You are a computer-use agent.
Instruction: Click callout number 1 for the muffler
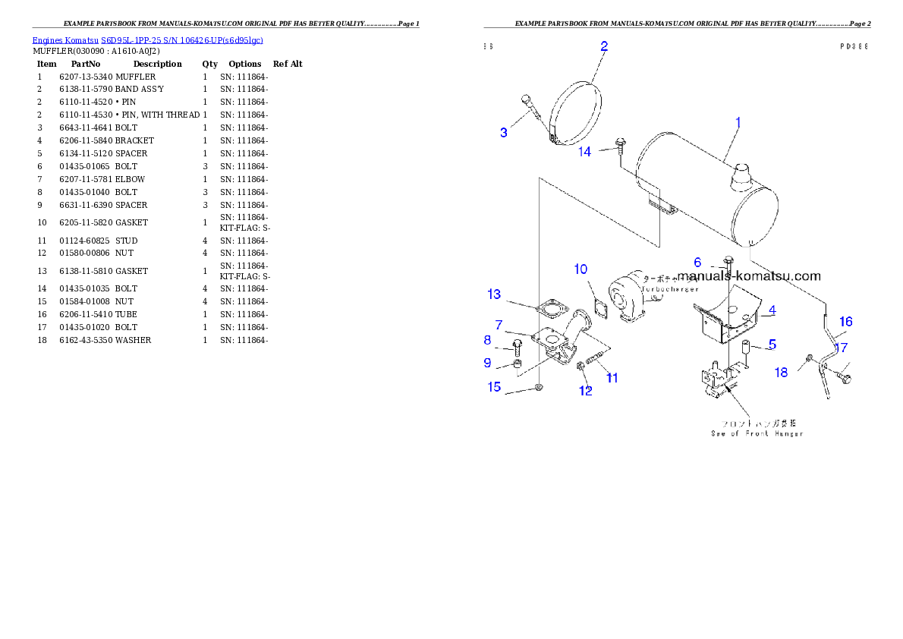(738, 122)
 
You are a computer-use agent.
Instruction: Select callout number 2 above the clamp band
(604, 46)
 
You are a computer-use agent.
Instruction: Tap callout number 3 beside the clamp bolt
(504, 133)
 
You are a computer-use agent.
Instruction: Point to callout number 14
(584, 152)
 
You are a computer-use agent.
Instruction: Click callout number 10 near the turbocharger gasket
(580, 269)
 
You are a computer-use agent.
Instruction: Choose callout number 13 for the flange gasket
(494, 294)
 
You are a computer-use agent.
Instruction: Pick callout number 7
(499, 325)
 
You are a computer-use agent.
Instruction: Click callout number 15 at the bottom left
(494, 387)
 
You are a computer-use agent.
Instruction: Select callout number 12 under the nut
(586, 391)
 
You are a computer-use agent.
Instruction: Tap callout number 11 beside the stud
(612, 377)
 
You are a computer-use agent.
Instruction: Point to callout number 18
(782, 372)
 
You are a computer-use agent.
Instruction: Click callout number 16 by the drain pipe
(845, 322)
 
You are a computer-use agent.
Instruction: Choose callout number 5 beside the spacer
(772, 344)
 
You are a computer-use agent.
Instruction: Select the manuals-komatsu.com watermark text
(749, 276)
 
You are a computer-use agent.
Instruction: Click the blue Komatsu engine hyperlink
(147, 40)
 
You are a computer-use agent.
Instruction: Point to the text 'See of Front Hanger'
(757, 433)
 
